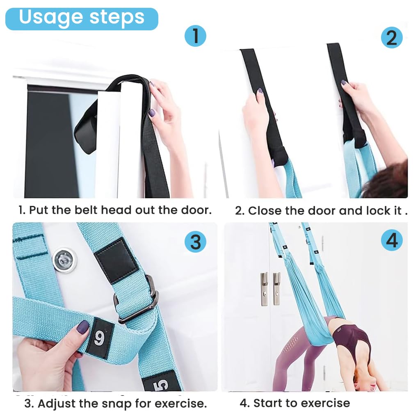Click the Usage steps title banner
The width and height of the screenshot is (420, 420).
[82, 19]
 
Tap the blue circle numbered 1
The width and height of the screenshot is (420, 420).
[196, 36]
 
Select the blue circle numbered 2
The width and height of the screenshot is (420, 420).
[392, 37]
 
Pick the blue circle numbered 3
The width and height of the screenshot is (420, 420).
[196, 242]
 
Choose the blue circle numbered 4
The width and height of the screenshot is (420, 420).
[392, 240]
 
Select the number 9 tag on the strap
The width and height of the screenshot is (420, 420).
[100, 338]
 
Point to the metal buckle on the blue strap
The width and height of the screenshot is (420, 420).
[137, 299]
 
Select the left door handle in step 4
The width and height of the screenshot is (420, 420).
[264, 289]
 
